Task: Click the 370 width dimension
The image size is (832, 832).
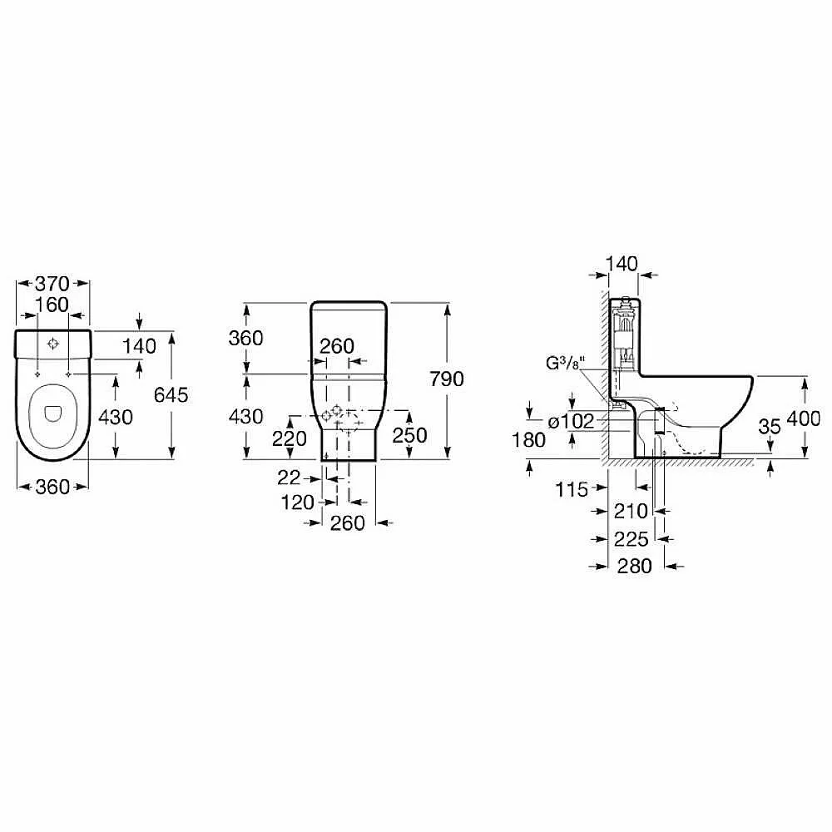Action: pyautogui.click(x=52, y=284)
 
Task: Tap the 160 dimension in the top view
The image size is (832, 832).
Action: pyautogui.click(x=52, y=305)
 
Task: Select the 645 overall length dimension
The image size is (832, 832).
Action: pyautogui.click(x=171, y=394)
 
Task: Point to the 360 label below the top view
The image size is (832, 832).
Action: pyautogui.click(x=52, y=487)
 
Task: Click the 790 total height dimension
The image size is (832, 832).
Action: pyautogui.click(x=447, y=379)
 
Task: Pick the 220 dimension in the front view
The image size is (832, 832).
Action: pyautogui.click(x=290, y=438)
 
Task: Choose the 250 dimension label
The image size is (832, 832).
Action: pyautogui.click(x=409, y=435)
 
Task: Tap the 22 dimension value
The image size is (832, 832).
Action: pyautogui.click(x=290, y=478)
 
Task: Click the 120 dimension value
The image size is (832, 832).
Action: pyautogui.click(x=298, y=502)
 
